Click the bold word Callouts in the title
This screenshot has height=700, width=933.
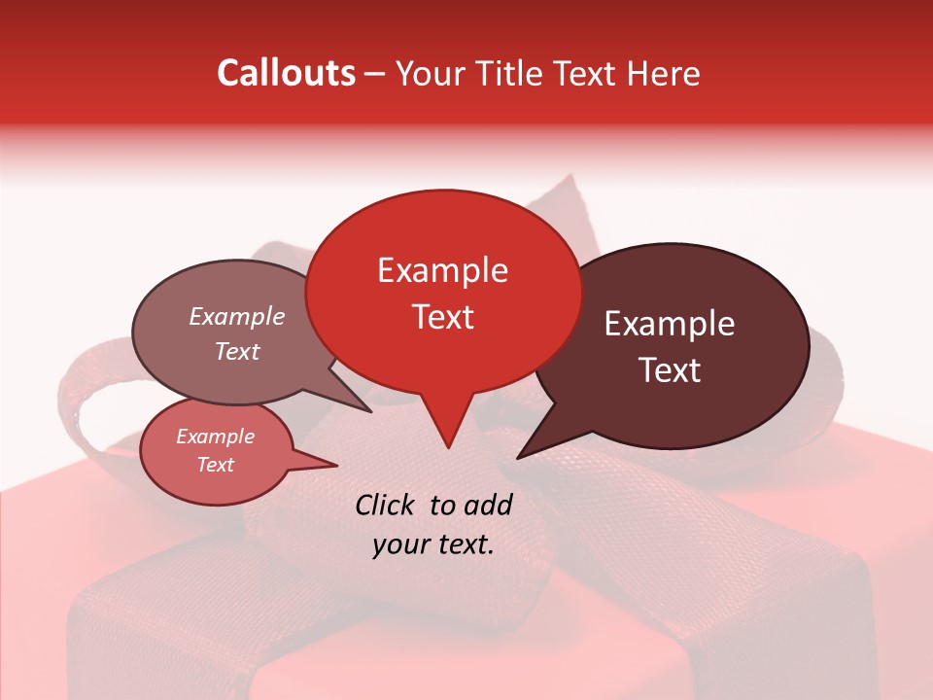tap(286, 73)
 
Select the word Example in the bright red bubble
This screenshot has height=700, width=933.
tap(442, 270)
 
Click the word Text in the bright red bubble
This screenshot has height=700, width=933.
tap(442, 317)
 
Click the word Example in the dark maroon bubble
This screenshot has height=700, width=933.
tap(670, 324)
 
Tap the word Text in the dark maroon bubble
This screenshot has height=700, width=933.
tap(670, 370)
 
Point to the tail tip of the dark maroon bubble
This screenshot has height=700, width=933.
tap(518, 457)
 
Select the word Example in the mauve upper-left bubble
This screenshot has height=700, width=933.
tap(237, 316)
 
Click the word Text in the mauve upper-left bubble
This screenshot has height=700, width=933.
tap(237, 351)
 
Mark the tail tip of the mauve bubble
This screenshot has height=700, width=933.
tap(372, 411)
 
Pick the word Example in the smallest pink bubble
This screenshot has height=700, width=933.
tap(216, 437)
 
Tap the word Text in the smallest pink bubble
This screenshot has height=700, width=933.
tap(216, 465)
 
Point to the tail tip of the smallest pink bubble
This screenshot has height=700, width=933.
tap(337, 465)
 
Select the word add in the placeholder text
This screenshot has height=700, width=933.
tap(487, 505)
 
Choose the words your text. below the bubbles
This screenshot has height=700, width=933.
tap(433, 544)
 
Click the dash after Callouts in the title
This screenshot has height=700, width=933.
tap(376, 74)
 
